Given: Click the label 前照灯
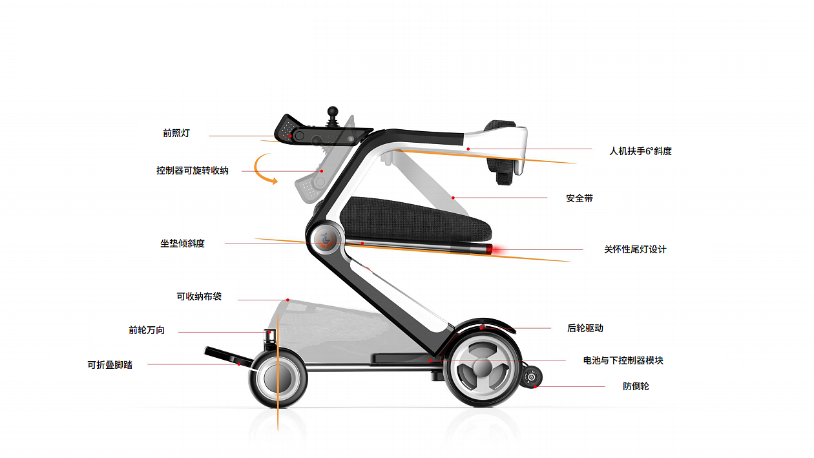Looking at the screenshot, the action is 176,134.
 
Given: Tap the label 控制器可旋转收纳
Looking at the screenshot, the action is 192,171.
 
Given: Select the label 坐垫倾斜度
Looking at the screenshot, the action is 182,244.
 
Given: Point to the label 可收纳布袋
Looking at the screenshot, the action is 199,297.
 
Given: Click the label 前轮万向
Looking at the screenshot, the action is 147,330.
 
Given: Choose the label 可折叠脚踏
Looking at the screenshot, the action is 110,364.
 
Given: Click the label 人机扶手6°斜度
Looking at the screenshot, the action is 640,151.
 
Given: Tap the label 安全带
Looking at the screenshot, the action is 579,198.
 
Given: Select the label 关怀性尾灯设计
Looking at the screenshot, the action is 634,249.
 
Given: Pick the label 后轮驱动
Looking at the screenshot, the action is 585,328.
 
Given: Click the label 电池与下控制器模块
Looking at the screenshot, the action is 623,360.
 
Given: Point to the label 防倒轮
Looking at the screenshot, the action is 636,386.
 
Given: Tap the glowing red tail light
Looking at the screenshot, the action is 490,249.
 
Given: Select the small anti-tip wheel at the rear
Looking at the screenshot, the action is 532,377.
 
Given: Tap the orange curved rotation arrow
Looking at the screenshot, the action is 264,169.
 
